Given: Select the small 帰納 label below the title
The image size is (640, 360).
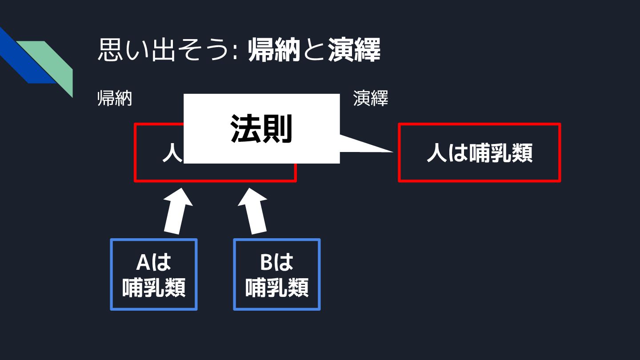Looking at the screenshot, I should click(x=115, y=99).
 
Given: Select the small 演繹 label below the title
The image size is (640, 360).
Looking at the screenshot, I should click(x=371, y=99).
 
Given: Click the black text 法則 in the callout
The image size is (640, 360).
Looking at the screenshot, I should click(x=261, y=129).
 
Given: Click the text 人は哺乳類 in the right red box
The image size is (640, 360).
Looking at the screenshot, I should click(x=479, y=153).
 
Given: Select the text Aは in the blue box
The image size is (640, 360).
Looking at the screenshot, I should click(x=153, y=263).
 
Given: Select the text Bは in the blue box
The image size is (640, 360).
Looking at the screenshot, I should click(x=276, y=263).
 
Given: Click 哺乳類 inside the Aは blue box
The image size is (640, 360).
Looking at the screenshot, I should click(x=153, y=288).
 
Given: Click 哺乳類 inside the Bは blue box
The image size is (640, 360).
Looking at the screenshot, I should click(x=276, y=288).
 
